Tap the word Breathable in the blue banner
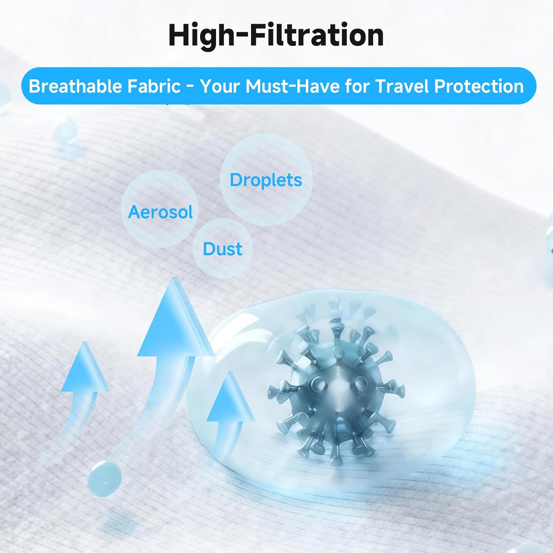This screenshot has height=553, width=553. point(75,86)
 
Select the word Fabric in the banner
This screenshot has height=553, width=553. point(154,86)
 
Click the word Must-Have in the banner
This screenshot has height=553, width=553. point(292,86)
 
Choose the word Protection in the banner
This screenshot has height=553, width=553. point(479,86)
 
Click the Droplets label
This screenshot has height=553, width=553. point(266,180)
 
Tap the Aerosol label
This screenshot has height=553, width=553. point(160,212)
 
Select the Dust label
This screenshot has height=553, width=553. point(222,249)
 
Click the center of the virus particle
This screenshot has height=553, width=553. point(336,391)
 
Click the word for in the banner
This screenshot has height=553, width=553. point(357,86)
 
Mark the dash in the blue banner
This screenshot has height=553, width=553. point(191,87)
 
